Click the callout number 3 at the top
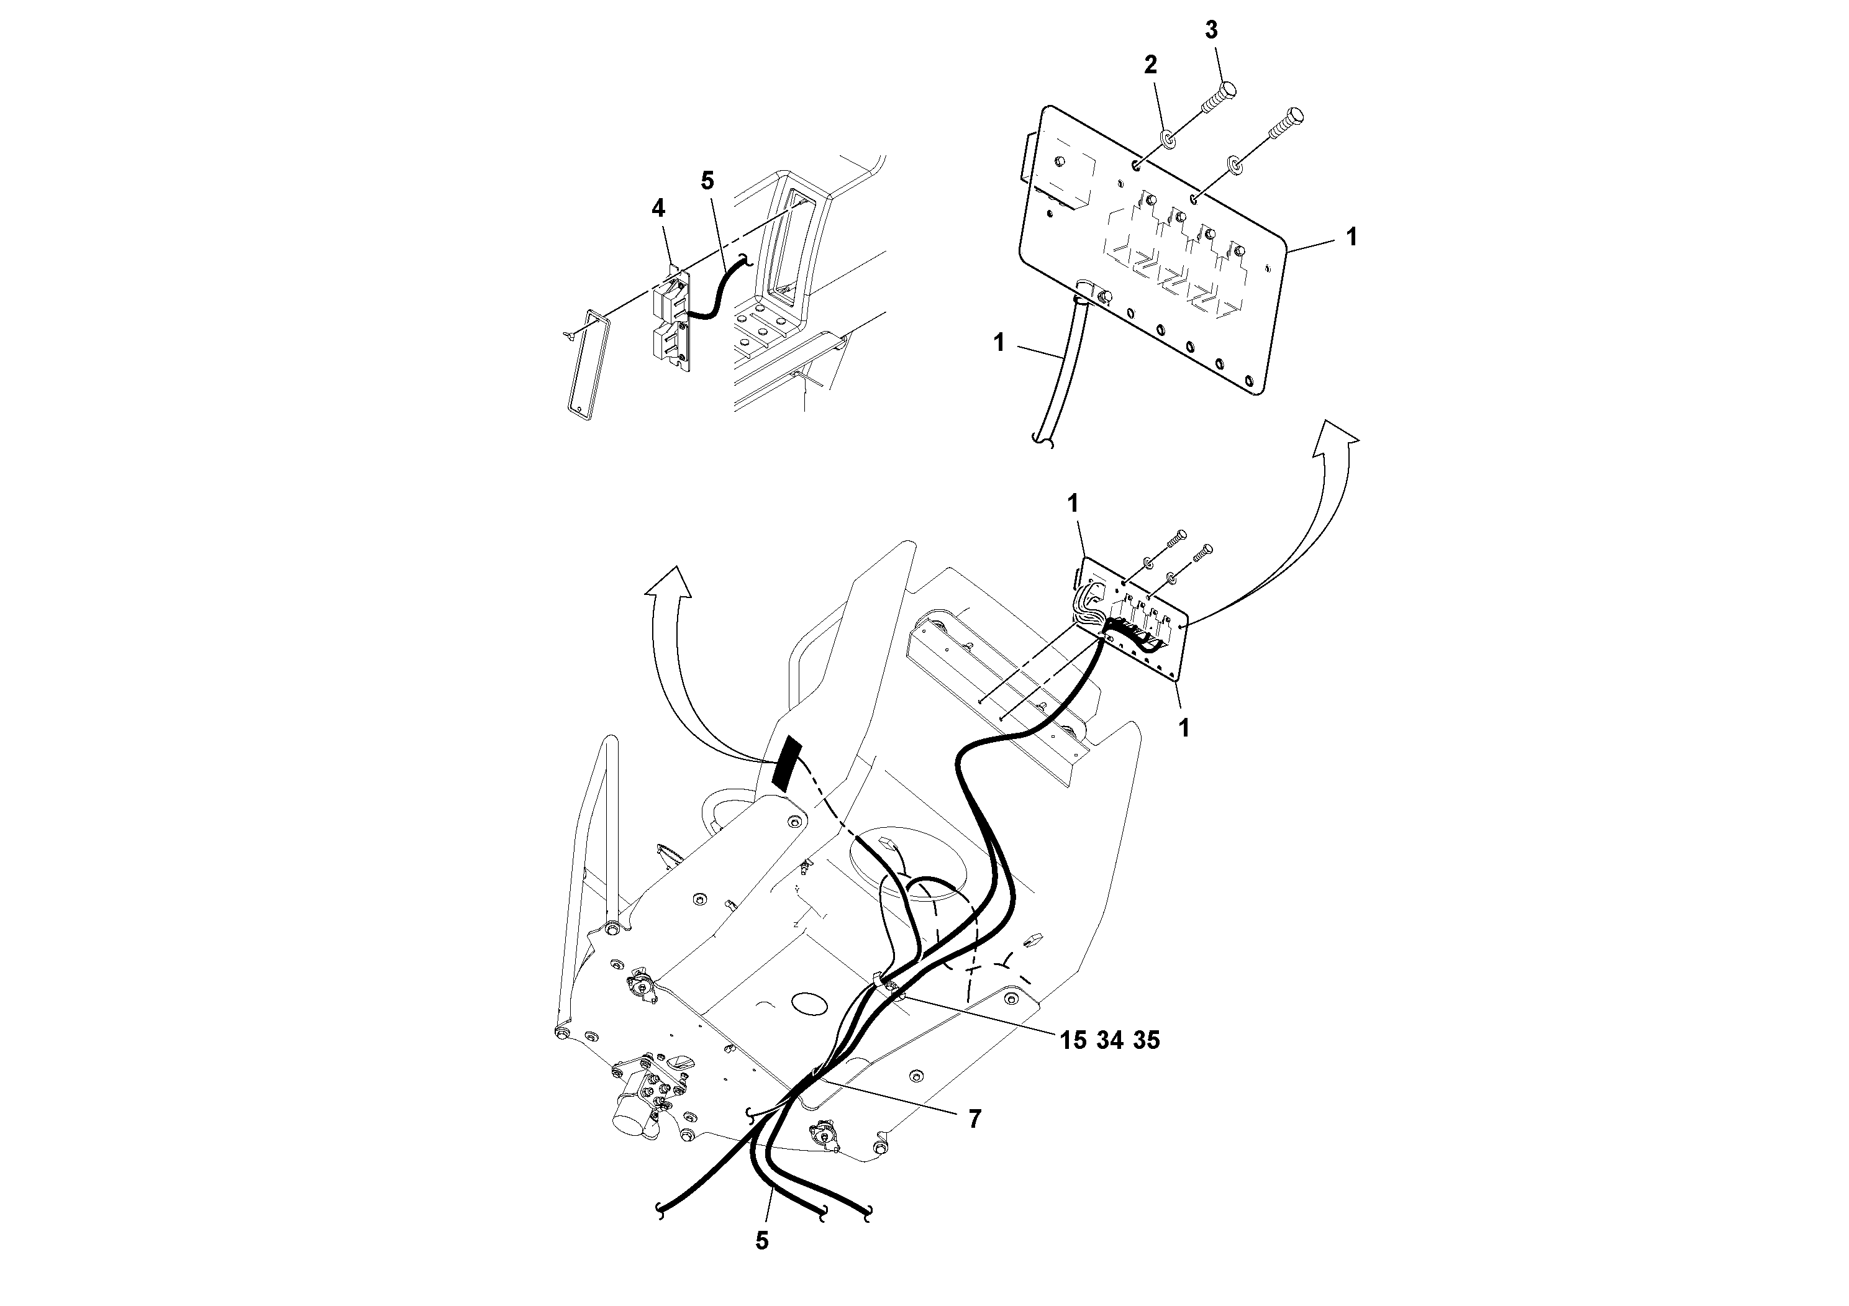pos(1211,30)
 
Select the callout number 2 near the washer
pos(1151,65)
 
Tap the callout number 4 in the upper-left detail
pos(658,209)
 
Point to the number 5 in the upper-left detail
pos(707,181)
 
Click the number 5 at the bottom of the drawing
pos(762,1241)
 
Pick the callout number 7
pos(974,1119)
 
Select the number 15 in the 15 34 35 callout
pos(1073,1040)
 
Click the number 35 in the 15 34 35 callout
pos(1146,1040)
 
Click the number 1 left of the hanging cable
pos(999,343)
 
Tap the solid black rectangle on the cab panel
pos(785,762)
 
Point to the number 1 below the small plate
pos(1183,728)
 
